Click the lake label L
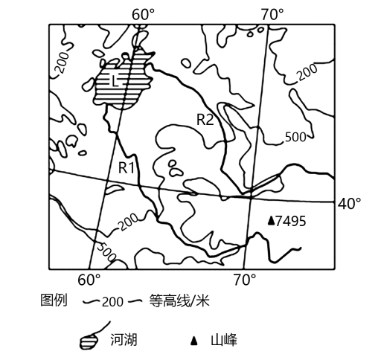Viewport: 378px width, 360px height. (x=115, y=81)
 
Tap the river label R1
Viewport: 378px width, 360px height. (x=126, y=167)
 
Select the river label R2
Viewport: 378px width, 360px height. (x=205, y=120)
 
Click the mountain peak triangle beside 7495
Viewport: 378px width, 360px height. (x=272, y=221)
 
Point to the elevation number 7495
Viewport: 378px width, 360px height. (x=291, y=221)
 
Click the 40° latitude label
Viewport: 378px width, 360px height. (x=350, y=204)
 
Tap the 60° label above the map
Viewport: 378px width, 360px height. (x=144, y=14)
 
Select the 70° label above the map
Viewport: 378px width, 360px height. (x=272, y=14)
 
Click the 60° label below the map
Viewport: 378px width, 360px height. (x=89, y=280)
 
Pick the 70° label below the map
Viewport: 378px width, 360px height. (x=245, y=280)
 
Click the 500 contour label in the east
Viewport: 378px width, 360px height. (x=295, y=137)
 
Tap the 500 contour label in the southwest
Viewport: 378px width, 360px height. (x=106, y=251)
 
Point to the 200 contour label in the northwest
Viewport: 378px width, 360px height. (x=62, y=62)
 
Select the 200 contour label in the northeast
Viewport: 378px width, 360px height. (x=307, y=72)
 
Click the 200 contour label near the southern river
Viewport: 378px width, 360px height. (x=128, y=222)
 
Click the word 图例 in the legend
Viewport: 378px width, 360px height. (x=54, y=300)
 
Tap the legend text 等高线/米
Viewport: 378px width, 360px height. (x=179, y=300)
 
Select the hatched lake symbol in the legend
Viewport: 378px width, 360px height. (x=89, y=341)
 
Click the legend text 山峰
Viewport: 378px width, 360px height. (x=224, y=340)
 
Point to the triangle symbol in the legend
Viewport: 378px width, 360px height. (x=194, y=341)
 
